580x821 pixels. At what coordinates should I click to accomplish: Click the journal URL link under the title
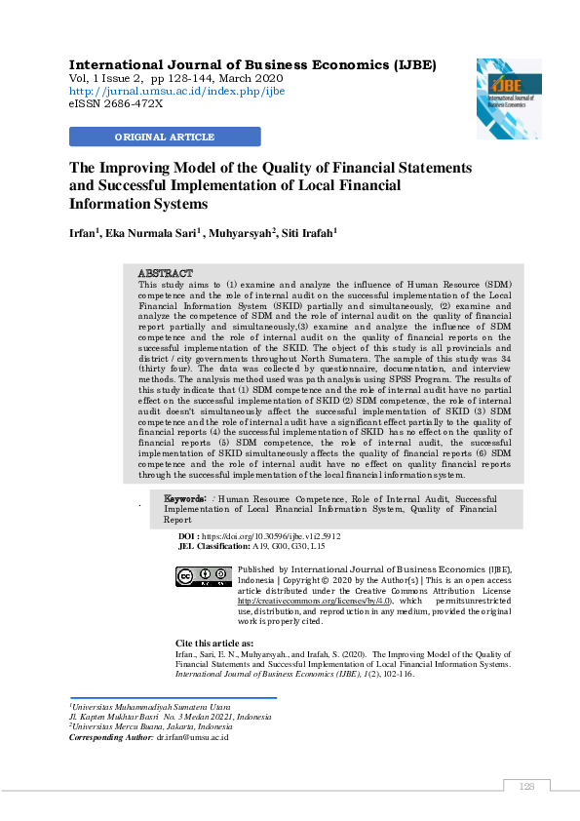[176, 92]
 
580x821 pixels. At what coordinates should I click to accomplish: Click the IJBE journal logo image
[508, 98]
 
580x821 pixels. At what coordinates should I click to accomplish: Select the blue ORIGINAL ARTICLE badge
[165, 137]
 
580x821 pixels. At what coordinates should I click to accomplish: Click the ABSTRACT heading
[165, 273]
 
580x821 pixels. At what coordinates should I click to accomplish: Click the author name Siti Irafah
[308, 234]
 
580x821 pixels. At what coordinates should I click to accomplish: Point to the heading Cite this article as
[214, 644]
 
